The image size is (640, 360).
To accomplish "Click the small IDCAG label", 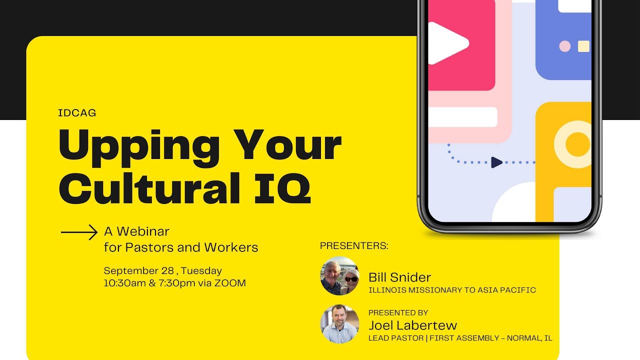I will pos(77,113).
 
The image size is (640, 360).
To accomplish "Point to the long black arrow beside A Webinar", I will pos(79,232).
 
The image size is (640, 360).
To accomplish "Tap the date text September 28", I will pos(138,270).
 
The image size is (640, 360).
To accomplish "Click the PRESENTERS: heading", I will pos(354,246).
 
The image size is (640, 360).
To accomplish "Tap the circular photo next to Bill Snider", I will pos(339,275).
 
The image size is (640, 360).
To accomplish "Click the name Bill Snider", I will pos(399,277).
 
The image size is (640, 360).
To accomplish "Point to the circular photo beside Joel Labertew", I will pos(339,323).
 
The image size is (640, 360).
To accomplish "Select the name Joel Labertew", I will pos(412,325).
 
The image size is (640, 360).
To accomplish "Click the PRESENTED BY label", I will pos(398,313).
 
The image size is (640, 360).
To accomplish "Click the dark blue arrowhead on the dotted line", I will pos(496,162).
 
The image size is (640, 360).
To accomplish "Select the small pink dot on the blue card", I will pos(564,46).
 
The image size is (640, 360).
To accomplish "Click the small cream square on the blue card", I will pos(583,46).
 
